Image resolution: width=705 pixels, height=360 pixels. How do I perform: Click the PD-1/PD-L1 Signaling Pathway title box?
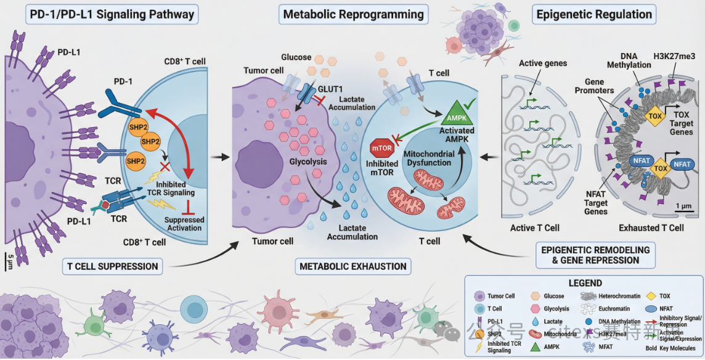pos(111,14)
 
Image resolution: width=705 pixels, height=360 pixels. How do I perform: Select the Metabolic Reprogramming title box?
pos(353,14)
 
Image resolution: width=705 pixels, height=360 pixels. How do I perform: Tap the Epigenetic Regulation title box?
pos(593,14)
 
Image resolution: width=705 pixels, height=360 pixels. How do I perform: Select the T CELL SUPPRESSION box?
pos(111,267)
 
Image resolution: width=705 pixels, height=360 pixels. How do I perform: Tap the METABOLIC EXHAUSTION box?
pos(353,266)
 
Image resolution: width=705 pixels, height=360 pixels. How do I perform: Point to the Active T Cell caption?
pos(534,228)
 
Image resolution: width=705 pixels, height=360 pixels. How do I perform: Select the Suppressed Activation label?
pos(185,224)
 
